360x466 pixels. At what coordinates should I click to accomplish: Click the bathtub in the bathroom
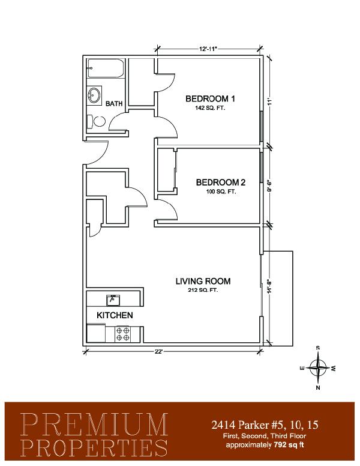[x=105, y=68]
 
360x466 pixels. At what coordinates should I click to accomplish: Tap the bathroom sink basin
[x=94, y=95]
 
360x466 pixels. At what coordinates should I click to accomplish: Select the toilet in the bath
[x=96, y=121]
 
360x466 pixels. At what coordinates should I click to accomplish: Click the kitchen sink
[x=113, y=300]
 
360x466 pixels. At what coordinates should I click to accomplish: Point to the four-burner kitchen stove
[x=123, y=334]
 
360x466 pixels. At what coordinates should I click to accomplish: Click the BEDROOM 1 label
[x=210, y=98]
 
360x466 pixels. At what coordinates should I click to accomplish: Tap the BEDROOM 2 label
[x=221, y=182]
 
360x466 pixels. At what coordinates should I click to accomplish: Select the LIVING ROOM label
[x=203, y=281]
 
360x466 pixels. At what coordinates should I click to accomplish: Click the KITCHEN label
[x=115, y=315]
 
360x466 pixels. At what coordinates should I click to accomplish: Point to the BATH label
[x=114, y=103]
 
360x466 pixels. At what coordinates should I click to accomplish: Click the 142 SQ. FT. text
[x=210, y=108]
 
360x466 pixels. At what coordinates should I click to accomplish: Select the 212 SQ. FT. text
[x=203, y=290]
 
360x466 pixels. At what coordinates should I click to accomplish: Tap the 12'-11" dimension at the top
[x=208, y=49]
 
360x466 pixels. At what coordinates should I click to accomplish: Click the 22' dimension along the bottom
[x=158, y=351]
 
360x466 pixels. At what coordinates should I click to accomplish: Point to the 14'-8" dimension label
[x=269, y=286]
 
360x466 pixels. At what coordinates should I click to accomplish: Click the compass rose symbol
[x=318, y=368]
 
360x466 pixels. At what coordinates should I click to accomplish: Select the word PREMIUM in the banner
[x=94, y=425]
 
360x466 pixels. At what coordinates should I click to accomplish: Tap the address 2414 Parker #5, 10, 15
[x=265, y=425]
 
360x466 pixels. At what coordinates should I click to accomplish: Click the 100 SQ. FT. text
[x=221, y=192]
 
